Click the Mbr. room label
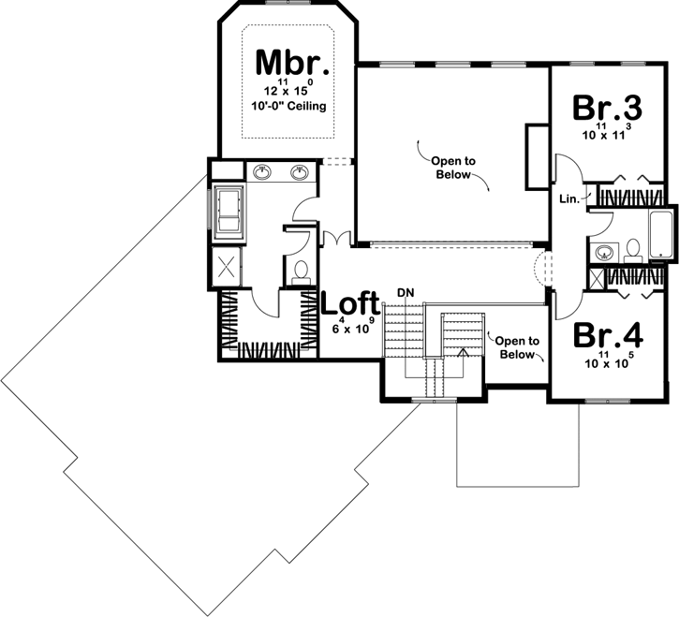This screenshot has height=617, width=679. tap(292, 63)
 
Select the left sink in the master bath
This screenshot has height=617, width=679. tap(263, 172)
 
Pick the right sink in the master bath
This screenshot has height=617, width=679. tap(300, 172)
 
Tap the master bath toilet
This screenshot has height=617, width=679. tap(302, 272)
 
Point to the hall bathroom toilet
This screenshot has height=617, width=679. tap(632, 248)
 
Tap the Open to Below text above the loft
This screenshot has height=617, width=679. tap(454, 168)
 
